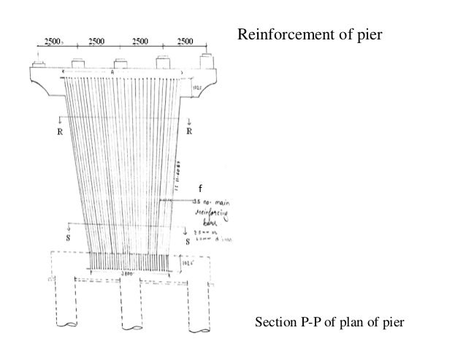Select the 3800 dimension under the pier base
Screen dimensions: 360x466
128,278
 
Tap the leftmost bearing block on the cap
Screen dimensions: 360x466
41,63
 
